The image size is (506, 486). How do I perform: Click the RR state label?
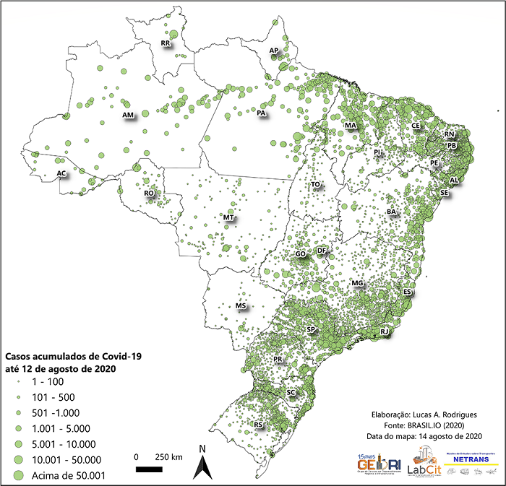coord(166,44)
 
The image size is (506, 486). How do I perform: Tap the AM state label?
coord(129,116)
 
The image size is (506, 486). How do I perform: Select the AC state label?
coord(62,174)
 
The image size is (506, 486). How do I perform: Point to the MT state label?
coord(228,217)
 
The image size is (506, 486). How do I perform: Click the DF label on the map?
coord(322,251)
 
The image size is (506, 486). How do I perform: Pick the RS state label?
coord(259,426)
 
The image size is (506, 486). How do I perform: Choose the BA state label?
coord(392,212)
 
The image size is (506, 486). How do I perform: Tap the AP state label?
coord(273,51)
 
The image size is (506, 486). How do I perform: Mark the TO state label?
coord(316,185)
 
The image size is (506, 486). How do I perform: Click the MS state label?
coord(241,307)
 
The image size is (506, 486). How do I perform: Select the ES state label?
coord(408,292)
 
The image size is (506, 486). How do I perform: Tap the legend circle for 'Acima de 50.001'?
coord(17,475)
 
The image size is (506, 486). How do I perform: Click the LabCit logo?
coord(421,460)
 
